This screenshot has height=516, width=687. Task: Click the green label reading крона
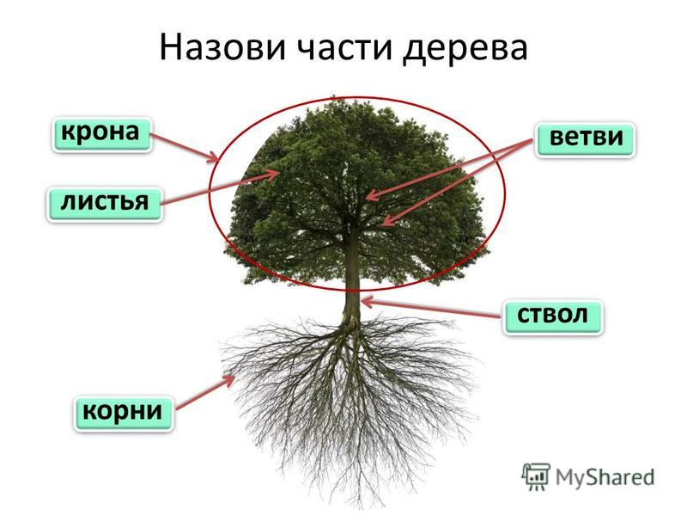click(101, 135)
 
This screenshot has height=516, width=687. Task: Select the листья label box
click(105, 204)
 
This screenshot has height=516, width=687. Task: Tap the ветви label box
click(586, 140)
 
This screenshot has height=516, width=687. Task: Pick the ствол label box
click(553, 317)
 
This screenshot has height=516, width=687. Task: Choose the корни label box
click(123, 414)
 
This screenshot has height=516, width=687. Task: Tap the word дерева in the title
click(465, 49)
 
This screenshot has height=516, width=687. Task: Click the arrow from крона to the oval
click(184, 147)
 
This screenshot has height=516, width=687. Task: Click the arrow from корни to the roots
click(205, 392)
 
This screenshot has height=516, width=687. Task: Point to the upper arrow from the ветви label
click(448, 169)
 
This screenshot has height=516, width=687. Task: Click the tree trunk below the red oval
click(351, 306)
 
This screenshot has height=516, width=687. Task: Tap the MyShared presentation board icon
click(535, 476)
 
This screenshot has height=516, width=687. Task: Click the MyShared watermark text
click(605, 477)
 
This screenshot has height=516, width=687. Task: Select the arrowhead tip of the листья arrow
click(280, 172)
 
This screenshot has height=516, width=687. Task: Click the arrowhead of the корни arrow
click(234, 376)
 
